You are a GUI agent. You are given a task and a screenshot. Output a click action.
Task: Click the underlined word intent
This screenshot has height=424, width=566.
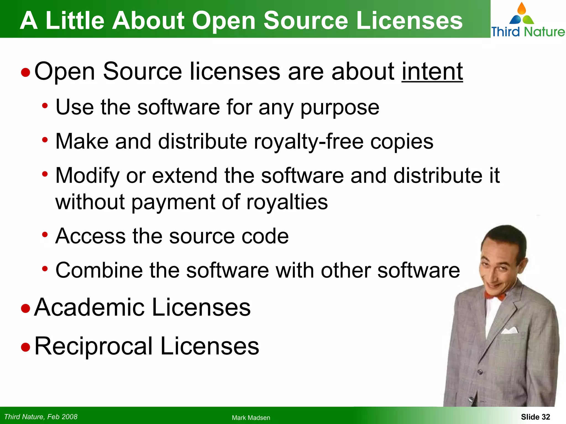pyautogui.click(x=432, y=71)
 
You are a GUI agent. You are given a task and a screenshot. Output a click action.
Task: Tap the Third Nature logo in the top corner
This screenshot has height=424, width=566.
pyautogui.click(x=528, y=20)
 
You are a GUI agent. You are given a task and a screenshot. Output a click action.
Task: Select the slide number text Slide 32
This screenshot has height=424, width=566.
pyautogui.click(x=535, y=417)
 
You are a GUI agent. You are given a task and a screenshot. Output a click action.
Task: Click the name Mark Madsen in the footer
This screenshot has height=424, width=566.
pyautogui.click(x=251, y=418)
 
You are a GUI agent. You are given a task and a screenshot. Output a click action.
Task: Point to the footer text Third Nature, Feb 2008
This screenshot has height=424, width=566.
pyautogui.click(x=41, y=417)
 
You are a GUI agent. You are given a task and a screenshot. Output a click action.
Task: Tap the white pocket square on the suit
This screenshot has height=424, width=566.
pyautogui.click(x=510, y=330)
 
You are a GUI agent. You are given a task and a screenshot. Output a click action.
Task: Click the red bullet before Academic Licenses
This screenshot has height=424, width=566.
pyautogui.click(x=25, y=308)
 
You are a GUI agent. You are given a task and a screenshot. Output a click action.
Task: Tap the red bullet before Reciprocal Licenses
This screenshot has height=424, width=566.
pyautogui.click(x=25, y=347)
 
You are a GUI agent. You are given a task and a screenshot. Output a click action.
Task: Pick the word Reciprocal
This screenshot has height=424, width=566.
pyautogui.click(x=93, y=346)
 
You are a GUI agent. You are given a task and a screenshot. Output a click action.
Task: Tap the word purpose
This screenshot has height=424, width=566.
pyautogui.click(x=340, y=108)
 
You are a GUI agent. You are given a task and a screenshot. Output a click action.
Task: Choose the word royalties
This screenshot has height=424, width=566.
pyautogui.click(x=287, y=202)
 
